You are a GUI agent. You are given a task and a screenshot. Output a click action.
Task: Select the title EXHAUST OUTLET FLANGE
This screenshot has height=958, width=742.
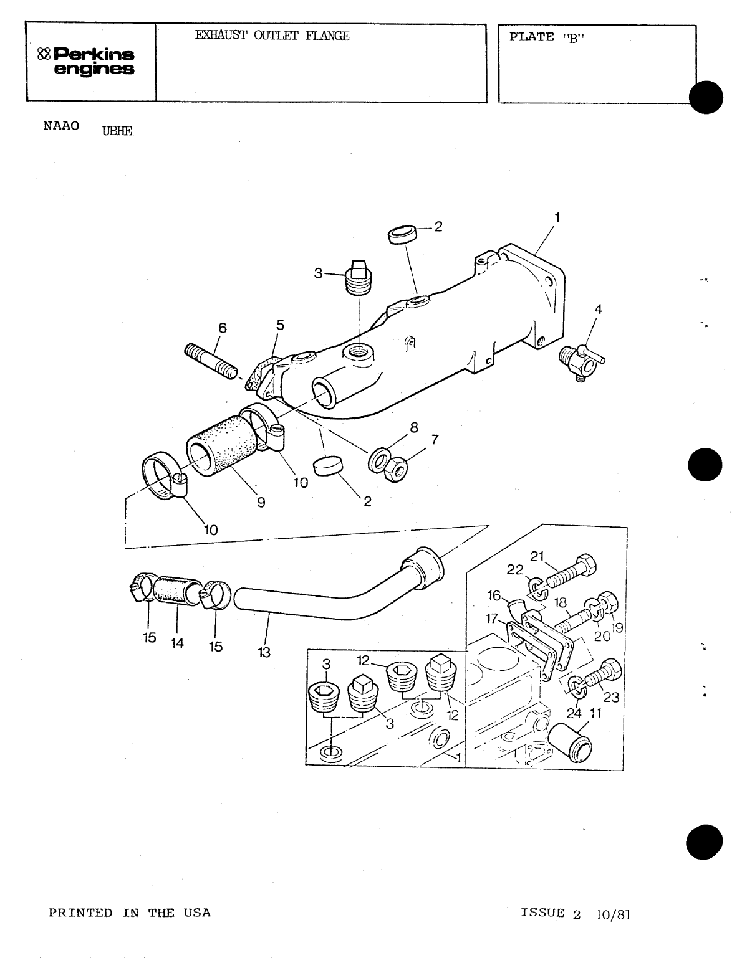(x=272, y=36)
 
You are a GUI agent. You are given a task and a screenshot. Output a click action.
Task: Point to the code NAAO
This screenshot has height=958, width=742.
(x=62, y=125)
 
